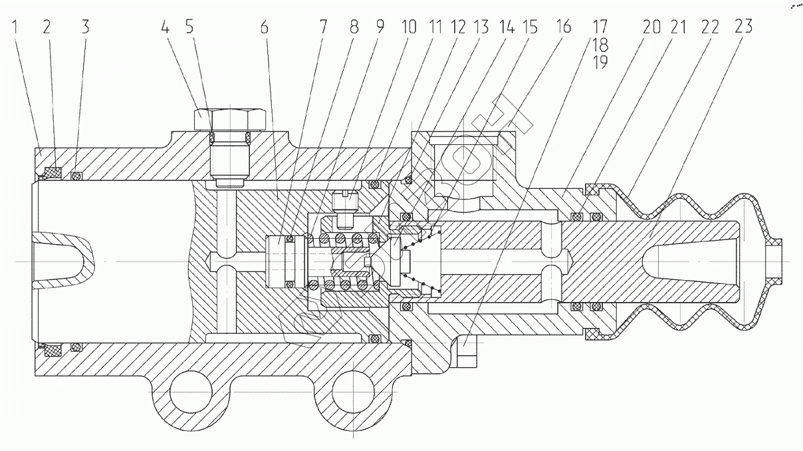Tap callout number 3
tap(86, 27)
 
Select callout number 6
tap(265, 27)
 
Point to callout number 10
tap(408, 27)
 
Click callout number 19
tap(600, 63)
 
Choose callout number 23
tap(743, 27)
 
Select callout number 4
tap(164, 27)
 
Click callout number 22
tap(709, 27)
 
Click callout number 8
tap(354, 27)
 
